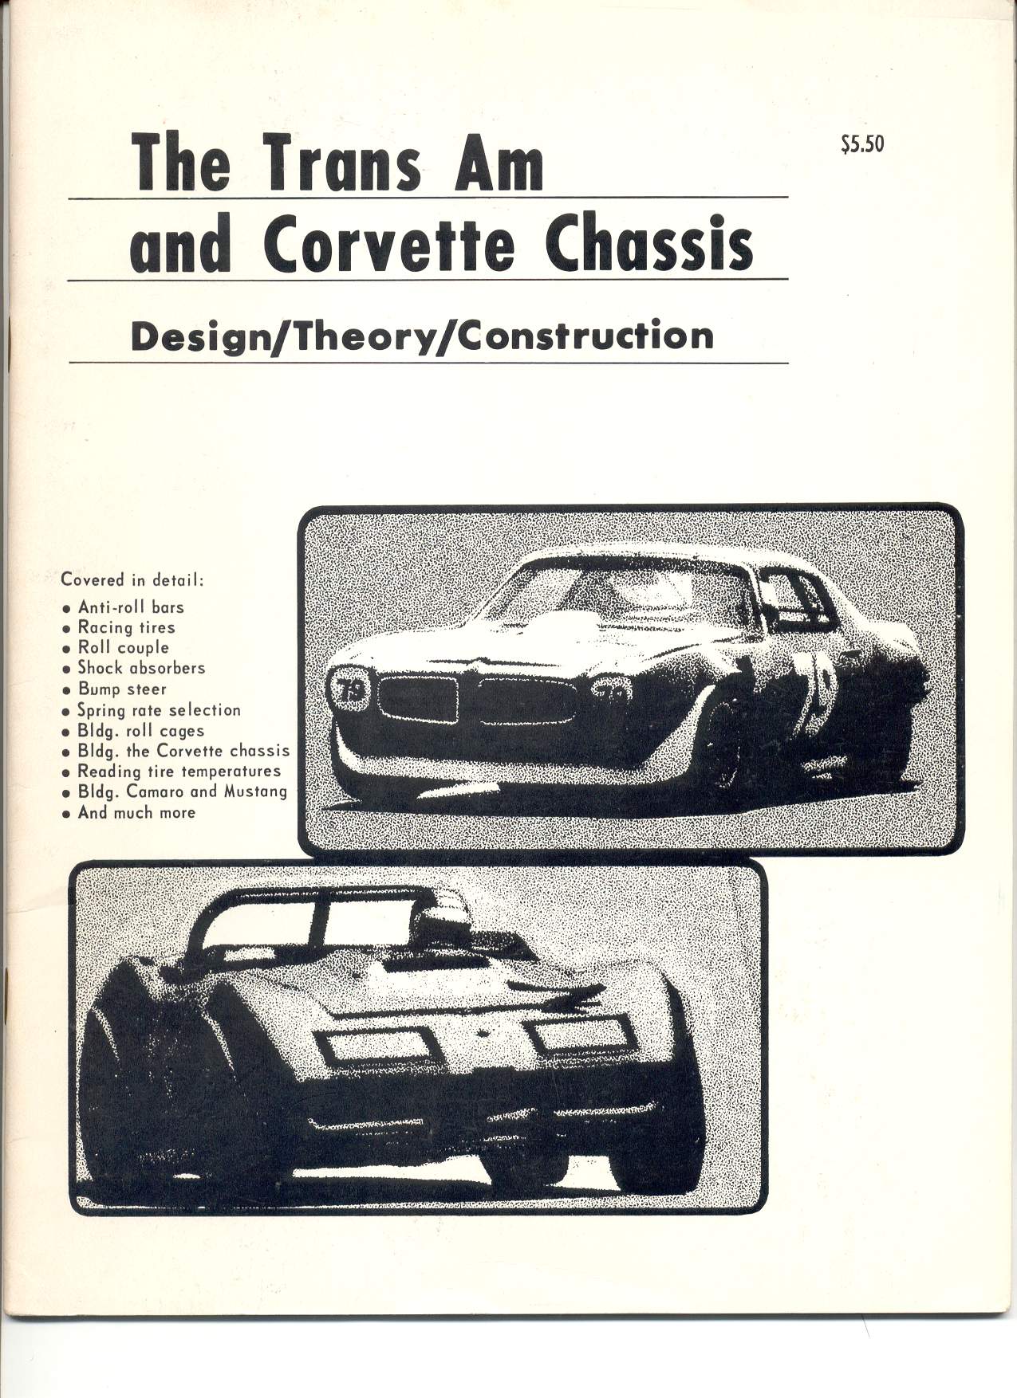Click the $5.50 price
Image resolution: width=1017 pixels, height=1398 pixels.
click(862, 145)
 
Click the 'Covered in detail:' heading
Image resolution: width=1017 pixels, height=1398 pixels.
click(133, 579)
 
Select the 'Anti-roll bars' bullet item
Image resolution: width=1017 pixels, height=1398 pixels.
click(131, 607)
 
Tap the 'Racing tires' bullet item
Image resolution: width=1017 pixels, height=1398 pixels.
click(126, 627)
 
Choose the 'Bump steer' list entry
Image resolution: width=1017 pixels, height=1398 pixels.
click(122, 689)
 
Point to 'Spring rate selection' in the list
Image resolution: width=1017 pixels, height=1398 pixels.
click(159, 709)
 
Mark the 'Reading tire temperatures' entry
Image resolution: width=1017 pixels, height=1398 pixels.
click(179, 771)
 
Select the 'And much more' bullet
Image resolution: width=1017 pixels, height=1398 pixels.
click(136, 812)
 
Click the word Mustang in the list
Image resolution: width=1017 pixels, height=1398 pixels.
click(255, 791)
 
